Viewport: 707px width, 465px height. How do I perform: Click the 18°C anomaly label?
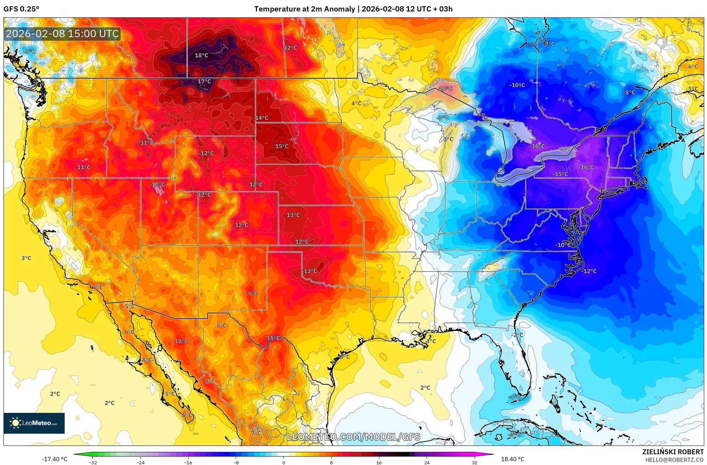(x=201, y=55)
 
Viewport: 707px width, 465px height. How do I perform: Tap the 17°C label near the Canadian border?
(x=204, y=81)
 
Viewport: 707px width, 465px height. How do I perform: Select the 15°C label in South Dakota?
(x=282, y=146)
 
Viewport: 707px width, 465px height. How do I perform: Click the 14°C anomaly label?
(x=262, y=118)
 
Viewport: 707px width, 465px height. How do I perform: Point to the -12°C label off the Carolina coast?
(x=589, y=271)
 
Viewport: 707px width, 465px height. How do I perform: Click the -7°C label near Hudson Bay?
(x=549, y=44)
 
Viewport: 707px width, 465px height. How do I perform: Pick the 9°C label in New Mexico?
(x=253, y=294)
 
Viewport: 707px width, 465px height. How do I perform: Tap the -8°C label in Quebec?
(x=629, y=92)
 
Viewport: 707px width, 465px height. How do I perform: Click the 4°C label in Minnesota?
(x=356, y=103)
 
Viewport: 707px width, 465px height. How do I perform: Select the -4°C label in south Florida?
(x=515, y=397)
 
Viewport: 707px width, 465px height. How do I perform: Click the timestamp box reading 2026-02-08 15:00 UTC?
(x=62, y=34)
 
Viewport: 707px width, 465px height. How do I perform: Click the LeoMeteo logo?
(x=34, y=423)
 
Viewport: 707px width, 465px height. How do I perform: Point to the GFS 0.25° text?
(x=21, y=9)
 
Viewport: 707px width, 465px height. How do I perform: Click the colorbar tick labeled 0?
(x=284, y=463)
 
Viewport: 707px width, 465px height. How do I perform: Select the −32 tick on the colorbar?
(x=93, y=463)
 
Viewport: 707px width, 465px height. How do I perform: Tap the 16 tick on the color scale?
(x=379, y=463)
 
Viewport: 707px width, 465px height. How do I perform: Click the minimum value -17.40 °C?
(x=54, y=459)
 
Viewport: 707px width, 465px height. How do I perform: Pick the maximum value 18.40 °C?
(x=512, y=459)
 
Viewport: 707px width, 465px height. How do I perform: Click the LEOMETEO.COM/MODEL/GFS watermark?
(x=353, y=437)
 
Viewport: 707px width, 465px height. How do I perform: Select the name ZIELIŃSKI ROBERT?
(x=673, y=452)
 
